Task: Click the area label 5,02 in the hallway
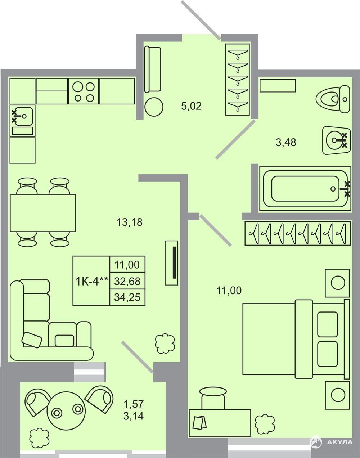pos(191,106)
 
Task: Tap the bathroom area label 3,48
pos(286,142)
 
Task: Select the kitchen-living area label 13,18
pos(129,222)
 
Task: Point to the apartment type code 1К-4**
pos(92,281)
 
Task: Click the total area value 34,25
pos(127,297)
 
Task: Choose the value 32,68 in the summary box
pos(127,281)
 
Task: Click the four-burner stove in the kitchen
pos(84,91)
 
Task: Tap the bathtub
pos(305,189)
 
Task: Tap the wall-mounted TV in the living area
pos(171,263)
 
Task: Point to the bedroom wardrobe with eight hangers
pos(297,233)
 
